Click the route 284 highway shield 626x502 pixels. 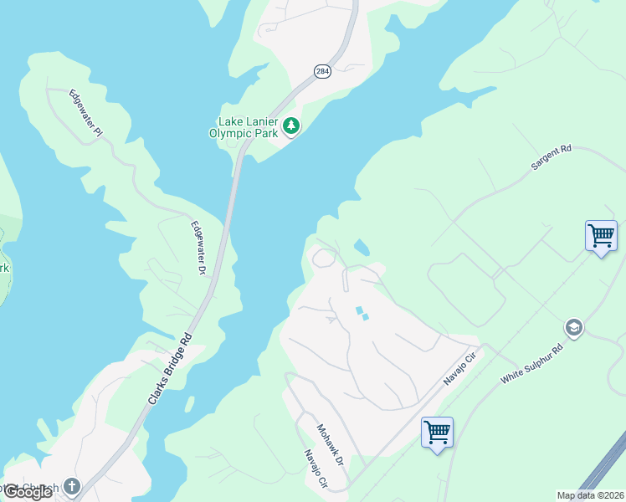pos(323,72)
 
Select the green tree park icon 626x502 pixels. pos(290,126)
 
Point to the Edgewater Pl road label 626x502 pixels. pos(85,113)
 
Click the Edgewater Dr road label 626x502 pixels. pos(198,248)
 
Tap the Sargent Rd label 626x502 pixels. pos(551,158)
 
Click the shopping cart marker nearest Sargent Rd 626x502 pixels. pos(601,237)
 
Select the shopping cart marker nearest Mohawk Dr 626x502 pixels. pos(437,433)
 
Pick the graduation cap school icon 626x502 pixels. pos(573,326)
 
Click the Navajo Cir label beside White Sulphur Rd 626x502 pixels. pos(459,369)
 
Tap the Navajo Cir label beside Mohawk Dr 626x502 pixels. pos(316,469)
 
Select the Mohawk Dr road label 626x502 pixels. pos(331,444)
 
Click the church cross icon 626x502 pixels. pos(72,486)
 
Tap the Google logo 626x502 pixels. pos(28,492)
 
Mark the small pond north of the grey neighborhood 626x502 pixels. pos(362,248)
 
